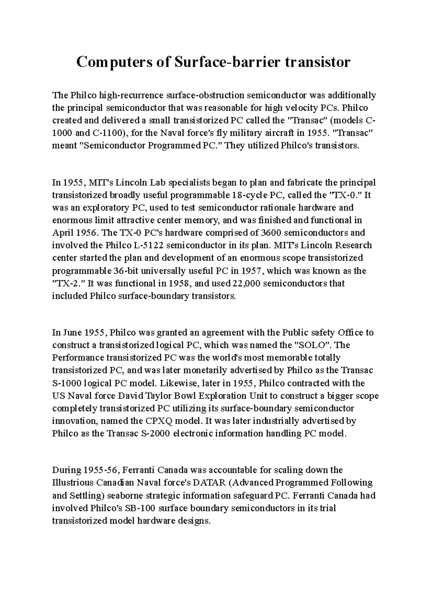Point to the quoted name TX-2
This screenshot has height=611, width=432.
(x=68, y=283)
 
